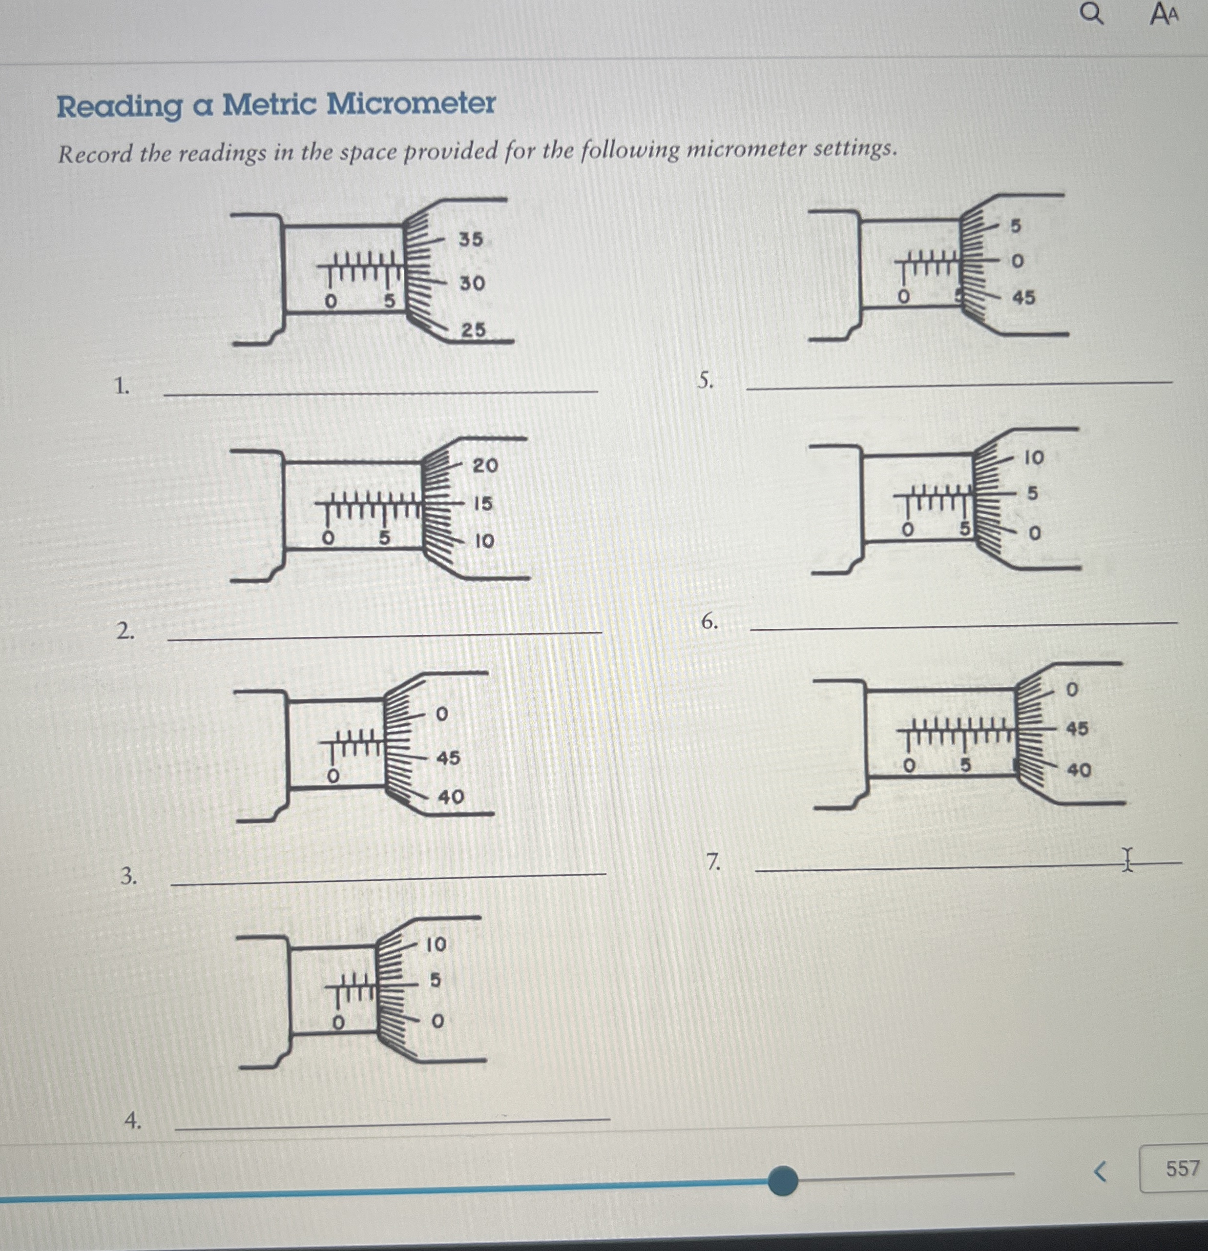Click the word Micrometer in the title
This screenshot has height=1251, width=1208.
[x=411, y=103]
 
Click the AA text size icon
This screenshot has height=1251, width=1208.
[x=1164, y=14]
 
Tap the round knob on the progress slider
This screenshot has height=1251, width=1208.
[x=783, y=1180]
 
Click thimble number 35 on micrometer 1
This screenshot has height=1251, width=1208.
[x=471, y=239]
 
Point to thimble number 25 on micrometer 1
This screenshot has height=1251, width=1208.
[x=473, y=329]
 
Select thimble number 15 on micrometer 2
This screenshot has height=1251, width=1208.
[x=483, y=504]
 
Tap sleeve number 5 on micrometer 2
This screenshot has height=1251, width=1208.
[x=384, y=538]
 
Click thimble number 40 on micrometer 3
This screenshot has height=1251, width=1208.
[x=450, y=797]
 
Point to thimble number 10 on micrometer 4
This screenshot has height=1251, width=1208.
[x=436, y=944]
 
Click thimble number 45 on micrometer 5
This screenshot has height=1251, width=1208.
[x=1023, y=298]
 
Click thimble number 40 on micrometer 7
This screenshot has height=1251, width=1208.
[x=1079, y=770]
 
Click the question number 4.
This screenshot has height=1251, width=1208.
[x=132, y=1120]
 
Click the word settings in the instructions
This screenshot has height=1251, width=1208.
[x=854, y=149]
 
